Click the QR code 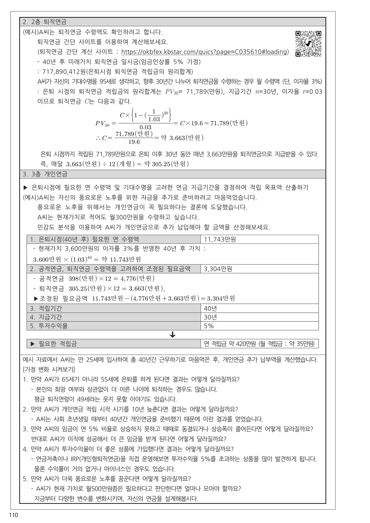308,44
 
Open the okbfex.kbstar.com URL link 205,52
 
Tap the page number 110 13,515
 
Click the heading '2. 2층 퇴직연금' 45,22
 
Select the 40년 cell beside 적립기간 210,308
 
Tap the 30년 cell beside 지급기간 210,317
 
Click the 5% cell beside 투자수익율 209,326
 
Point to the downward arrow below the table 172,335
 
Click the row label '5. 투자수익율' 49,326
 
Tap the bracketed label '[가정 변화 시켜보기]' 49,370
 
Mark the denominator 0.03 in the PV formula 145,127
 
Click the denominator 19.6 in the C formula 134,142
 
